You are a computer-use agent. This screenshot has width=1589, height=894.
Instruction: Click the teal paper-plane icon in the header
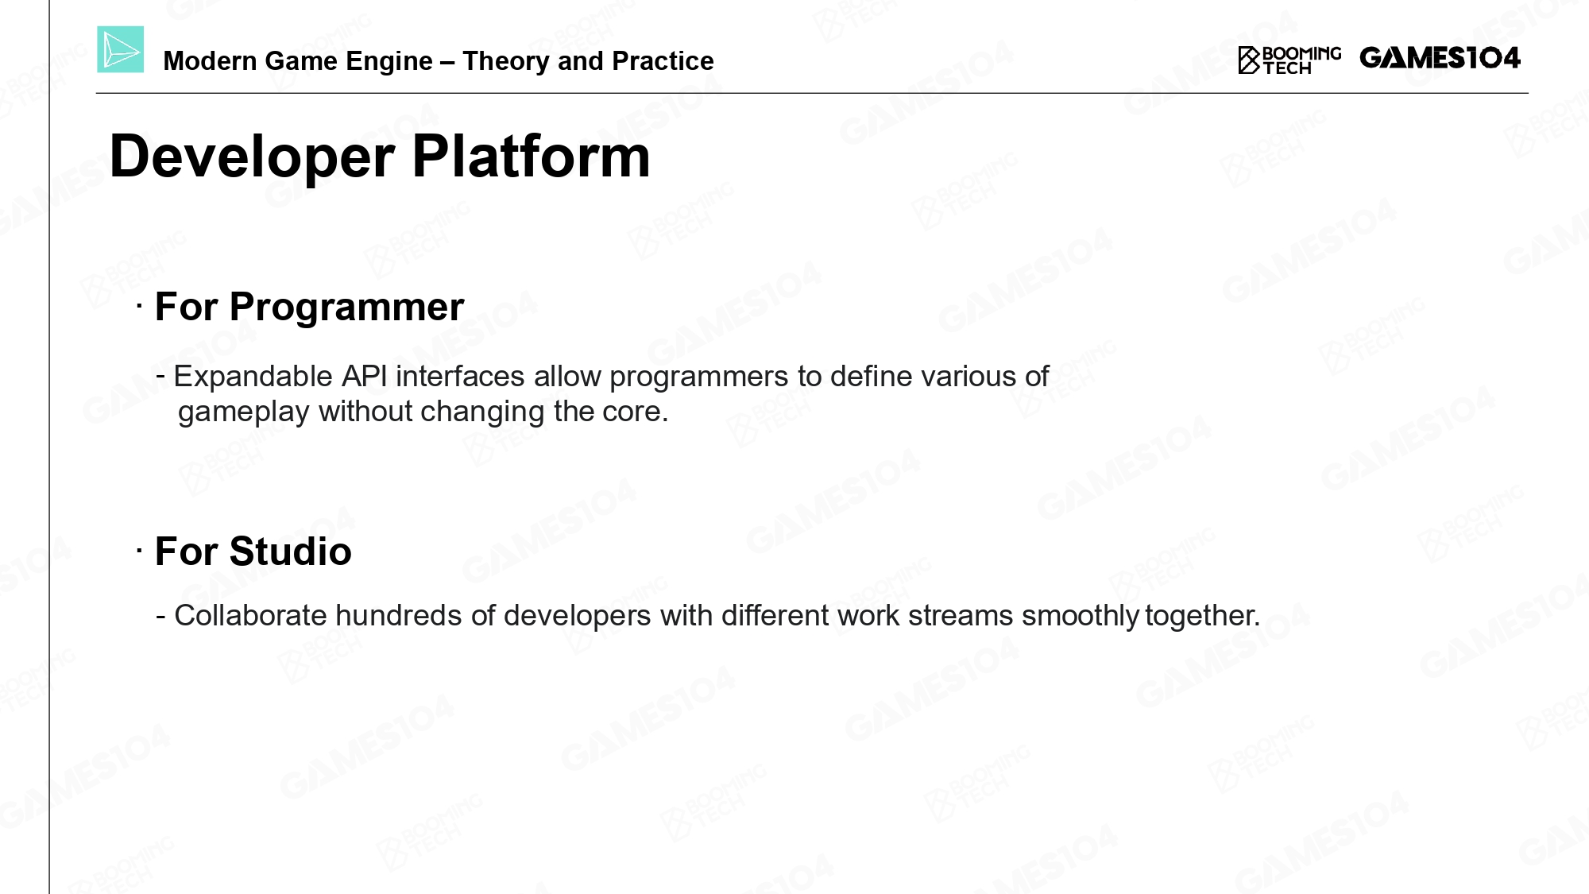(x=121, y=49)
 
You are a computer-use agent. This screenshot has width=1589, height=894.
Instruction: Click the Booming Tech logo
(x=1289, y=60)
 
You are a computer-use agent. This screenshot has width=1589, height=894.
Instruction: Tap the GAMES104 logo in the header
(x=1440, y=58)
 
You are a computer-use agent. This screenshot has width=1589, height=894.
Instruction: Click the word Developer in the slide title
(x=252, y=157)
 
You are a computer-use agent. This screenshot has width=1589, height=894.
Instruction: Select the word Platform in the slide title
(x=531, y=156)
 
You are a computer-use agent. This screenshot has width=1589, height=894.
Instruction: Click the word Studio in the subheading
(x=290, y=551)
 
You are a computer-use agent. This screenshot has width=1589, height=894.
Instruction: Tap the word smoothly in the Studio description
(x=1081, y=617)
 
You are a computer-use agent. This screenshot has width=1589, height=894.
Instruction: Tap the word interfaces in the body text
(x=460, y=376)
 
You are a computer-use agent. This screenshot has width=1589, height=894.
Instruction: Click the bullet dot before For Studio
(x=139, y=549)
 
